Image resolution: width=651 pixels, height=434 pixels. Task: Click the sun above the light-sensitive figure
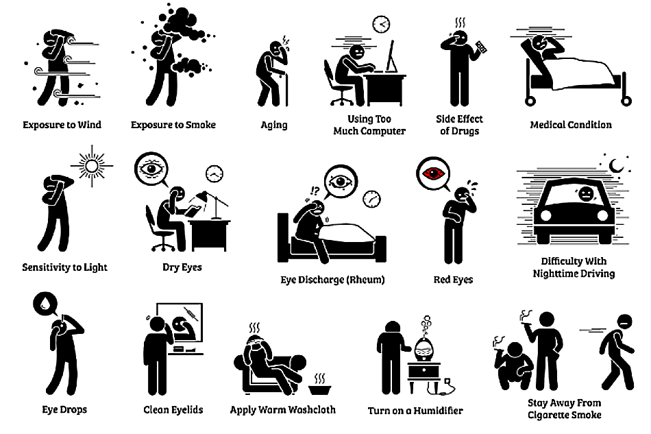(90, 165)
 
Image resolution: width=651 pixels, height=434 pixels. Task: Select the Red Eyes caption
(453, 280)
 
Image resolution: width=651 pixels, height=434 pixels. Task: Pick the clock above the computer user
(380, 24)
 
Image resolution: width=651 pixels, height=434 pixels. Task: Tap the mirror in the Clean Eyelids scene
(182, 327)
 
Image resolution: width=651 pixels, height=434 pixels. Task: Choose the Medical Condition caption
(571, 125)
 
